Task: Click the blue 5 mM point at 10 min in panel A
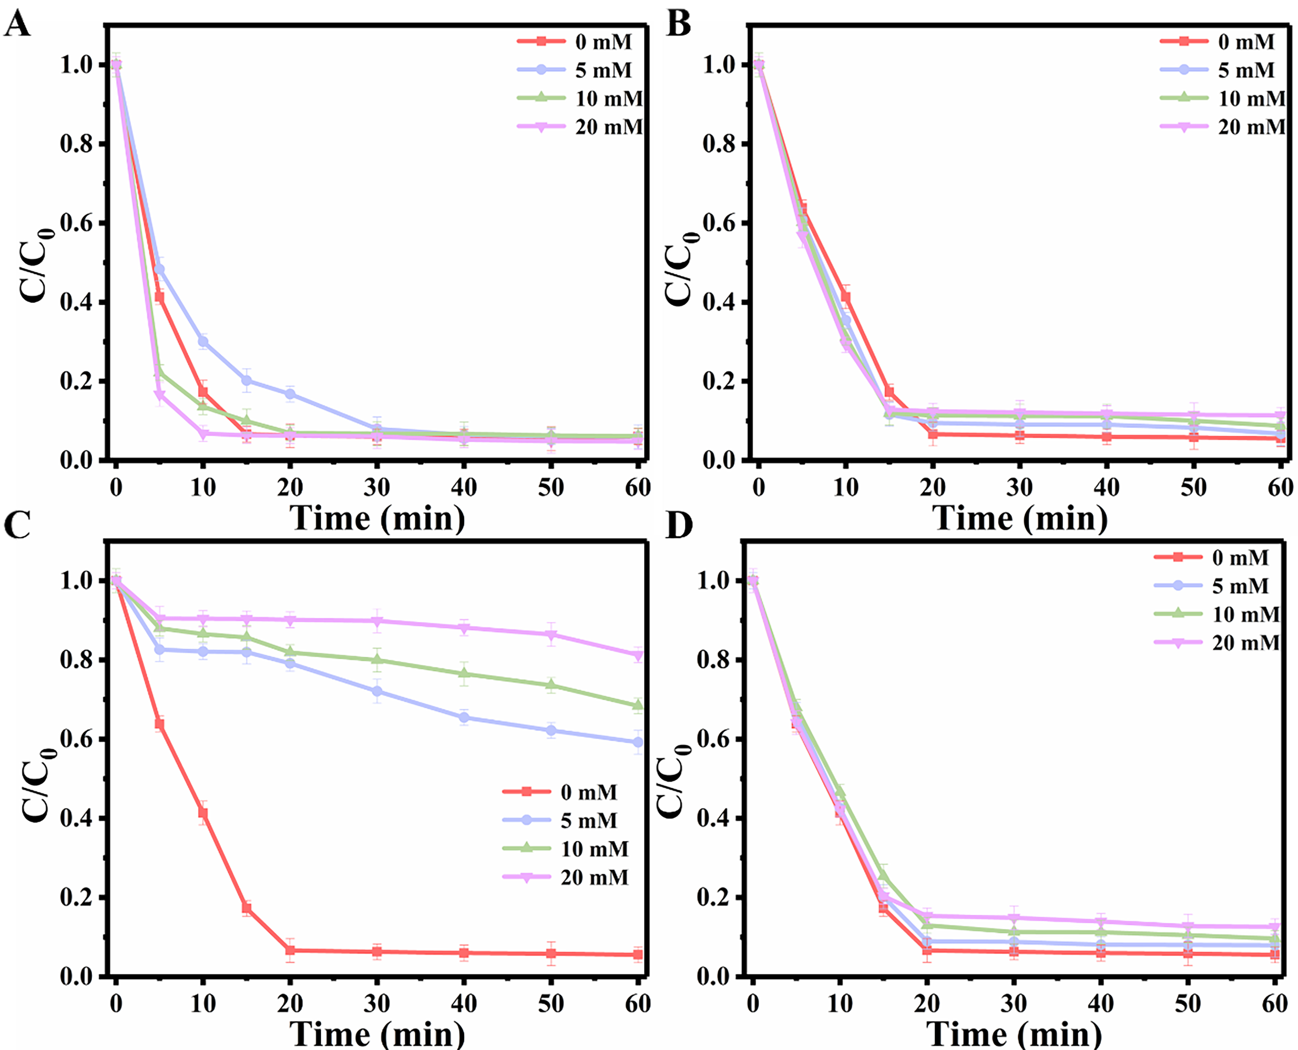click(x=203, y=342)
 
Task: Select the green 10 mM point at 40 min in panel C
click(x=464, y=673)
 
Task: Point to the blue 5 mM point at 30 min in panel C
click(x=377, y=691)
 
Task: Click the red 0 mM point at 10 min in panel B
click(x=845, y=297)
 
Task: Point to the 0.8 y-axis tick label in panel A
click(x=75, y=144)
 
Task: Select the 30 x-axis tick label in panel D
click(x=1013, y=1004)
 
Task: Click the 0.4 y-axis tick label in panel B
click(x=718, y=302)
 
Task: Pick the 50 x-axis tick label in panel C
click(x=551, y=1004)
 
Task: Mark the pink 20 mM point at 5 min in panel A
click(x=160, y=395)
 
